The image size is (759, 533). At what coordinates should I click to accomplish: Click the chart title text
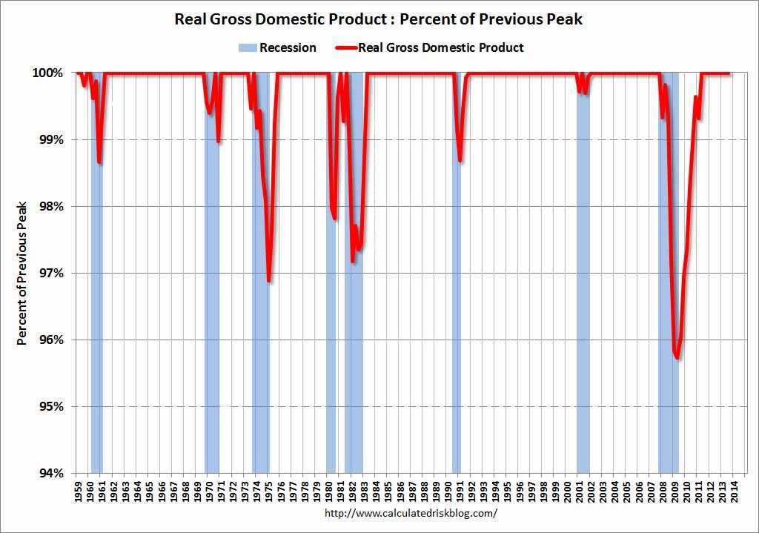379,19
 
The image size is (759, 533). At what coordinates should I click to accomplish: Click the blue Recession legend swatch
247,48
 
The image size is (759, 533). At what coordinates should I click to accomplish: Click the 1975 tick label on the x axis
271,491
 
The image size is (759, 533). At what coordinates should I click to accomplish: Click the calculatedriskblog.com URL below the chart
411,513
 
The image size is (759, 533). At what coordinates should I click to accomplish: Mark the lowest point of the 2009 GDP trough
677,358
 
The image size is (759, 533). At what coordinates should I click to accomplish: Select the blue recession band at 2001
583,297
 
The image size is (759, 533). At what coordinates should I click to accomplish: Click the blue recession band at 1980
331,334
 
